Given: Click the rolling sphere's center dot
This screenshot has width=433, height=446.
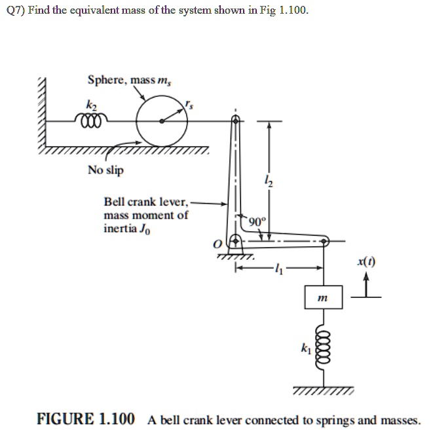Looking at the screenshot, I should click(x=161, y=121).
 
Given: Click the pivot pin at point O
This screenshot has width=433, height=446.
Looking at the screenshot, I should click(x=231, y=243).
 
